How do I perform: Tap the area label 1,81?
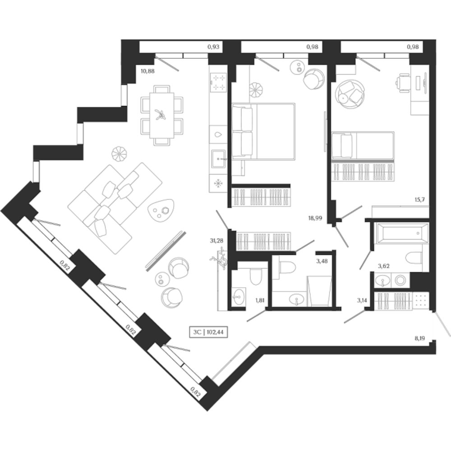260,299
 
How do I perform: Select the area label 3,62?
383,266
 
